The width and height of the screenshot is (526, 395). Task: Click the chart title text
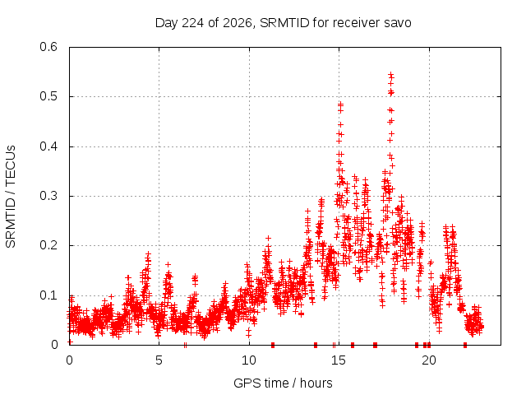pos(283,23)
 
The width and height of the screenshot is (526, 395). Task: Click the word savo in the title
pos(399,23)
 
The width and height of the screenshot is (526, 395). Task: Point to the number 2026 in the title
pos(238,23)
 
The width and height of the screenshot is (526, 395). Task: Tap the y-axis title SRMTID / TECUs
pos(11,197)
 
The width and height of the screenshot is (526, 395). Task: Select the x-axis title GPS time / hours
pos(283,383)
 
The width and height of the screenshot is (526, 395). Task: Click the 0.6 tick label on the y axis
pos(48,47)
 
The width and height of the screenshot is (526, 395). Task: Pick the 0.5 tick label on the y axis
pos(48,96)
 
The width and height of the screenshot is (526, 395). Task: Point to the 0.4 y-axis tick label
pos(48,146)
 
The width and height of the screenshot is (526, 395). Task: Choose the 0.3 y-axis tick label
pos(48,196)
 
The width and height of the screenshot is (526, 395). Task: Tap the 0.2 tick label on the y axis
pos(48,245)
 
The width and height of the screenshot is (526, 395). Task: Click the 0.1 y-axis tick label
pos(48,295)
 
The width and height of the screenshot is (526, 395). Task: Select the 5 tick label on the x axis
pos(159,360)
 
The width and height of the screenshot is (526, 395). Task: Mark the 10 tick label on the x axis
pos(249,360)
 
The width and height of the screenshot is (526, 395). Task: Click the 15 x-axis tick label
pos(339,360)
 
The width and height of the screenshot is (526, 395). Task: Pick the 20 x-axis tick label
pos(429,360)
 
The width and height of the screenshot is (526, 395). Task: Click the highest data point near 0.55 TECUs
pos(391,74)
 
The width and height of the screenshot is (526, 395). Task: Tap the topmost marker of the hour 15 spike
pos(341,105)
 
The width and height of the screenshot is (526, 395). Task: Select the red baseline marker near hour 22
pos(465,345)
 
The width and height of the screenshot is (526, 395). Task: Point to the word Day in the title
pos(164,23)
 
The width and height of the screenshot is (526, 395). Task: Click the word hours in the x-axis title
pos(316,383)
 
